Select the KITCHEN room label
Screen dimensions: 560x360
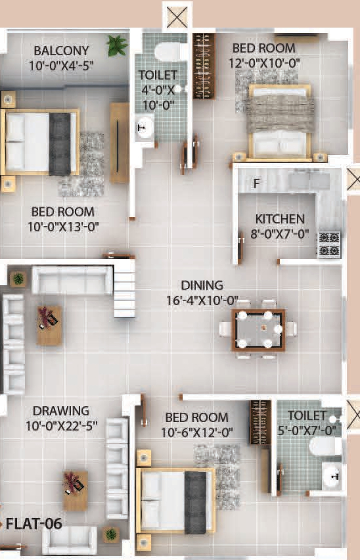pos(281,219)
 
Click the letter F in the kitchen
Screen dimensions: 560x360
pos(257,183)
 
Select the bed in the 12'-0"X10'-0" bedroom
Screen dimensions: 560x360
pos(280,121)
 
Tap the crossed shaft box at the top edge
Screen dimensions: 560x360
pos(177,16)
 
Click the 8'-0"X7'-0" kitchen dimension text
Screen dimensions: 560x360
pos(281,234)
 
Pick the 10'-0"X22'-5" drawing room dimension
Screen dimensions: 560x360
pos(60,425)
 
